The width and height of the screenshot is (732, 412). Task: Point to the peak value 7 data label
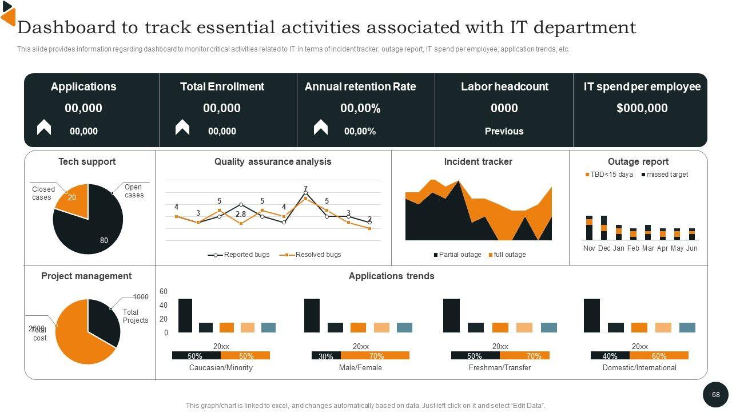(306, 189)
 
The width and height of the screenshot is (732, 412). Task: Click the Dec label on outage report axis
(604, 248)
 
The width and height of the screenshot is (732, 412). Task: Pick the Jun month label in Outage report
(691, 248)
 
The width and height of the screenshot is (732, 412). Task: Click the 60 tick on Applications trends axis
(164, 292)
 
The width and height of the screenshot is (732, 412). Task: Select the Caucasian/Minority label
(221, 368)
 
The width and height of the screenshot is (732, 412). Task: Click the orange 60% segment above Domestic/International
(659, 356)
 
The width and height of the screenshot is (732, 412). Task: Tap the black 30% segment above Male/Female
(326, 356)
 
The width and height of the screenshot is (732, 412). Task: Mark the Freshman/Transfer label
(500, 368)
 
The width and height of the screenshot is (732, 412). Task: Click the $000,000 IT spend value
(642, 108)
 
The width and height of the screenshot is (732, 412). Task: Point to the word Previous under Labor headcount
(504, 131)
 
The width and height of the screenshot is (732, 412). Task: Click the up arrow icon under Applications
(44, 128)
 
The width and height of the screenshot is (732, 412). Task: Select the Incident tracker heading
(478, 161)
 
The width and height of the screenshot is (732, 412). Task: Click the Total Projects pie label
(135, 316)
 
